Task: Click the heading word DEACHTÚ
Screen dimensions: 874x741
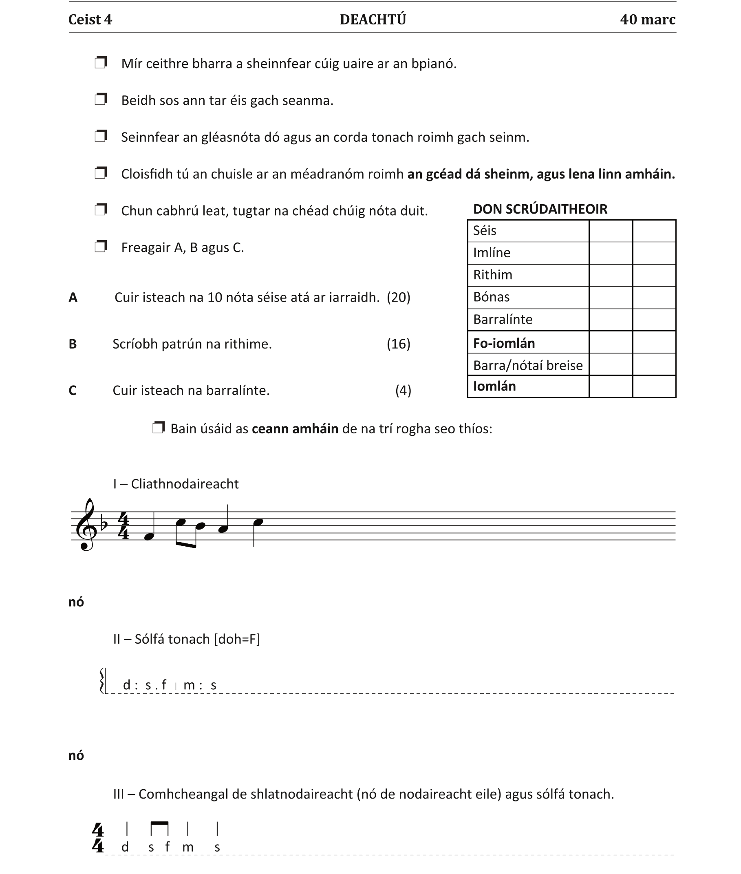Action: pyautogui.click(x=373, y=19)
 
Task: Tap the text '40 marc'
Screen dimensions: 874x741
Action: pyautogui.click(x=647, y=19)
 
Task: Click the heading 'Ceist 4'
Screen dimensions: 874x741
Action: pyautogui.click(x=90, y=19)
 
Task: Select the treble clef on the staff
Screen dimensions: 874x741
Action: pyautogui.click(x=86, y=525)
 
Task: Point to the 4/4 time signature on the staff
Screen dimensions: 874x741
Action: pyautogui.click(x=123, y=525)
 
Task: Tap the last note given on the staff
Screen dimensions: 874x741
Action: pyautogui.click(x=258, y=522)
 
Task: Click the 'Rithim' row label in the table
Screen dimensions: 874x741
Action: pyautogui.click(x=492, y=275)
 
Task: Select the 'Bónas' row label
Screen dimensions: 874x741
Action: pyautogui.click(x=491, y=297)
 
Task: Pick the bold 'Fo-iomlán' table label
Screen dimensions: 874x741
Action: pyautogui.click(x=504, y=343)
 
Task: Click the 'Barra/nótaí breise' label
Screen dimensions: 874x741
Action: pyautogui.click(x=527, y=365)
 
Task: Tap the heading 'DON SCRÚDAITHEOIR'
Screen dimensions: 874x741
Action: pyautogui.click(x=540, y=209)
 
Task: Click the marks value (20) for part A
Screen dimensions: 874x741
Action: pyautogui.click(x=398, y=297)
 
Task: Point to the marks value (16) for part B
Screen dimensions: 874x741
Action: pyautogui.click(x=398, y=344)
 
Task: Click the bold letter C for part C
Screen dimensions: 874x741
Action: pyautogui.click(x=73, y=391)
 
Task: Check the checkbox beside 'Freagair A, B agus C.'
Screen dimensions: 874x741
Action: pyautogui.click(x=101, y=246)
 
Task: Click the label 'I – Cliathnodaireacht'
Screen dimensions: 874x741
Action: pyautogui.click(x=176, y=483)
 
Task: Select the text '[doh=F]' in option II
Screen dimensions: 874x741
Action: pyautogui.click(x=237, y=639)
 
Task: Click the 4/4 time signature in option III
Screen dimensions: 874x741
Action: pyautogui.click(x=97, y=838)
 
